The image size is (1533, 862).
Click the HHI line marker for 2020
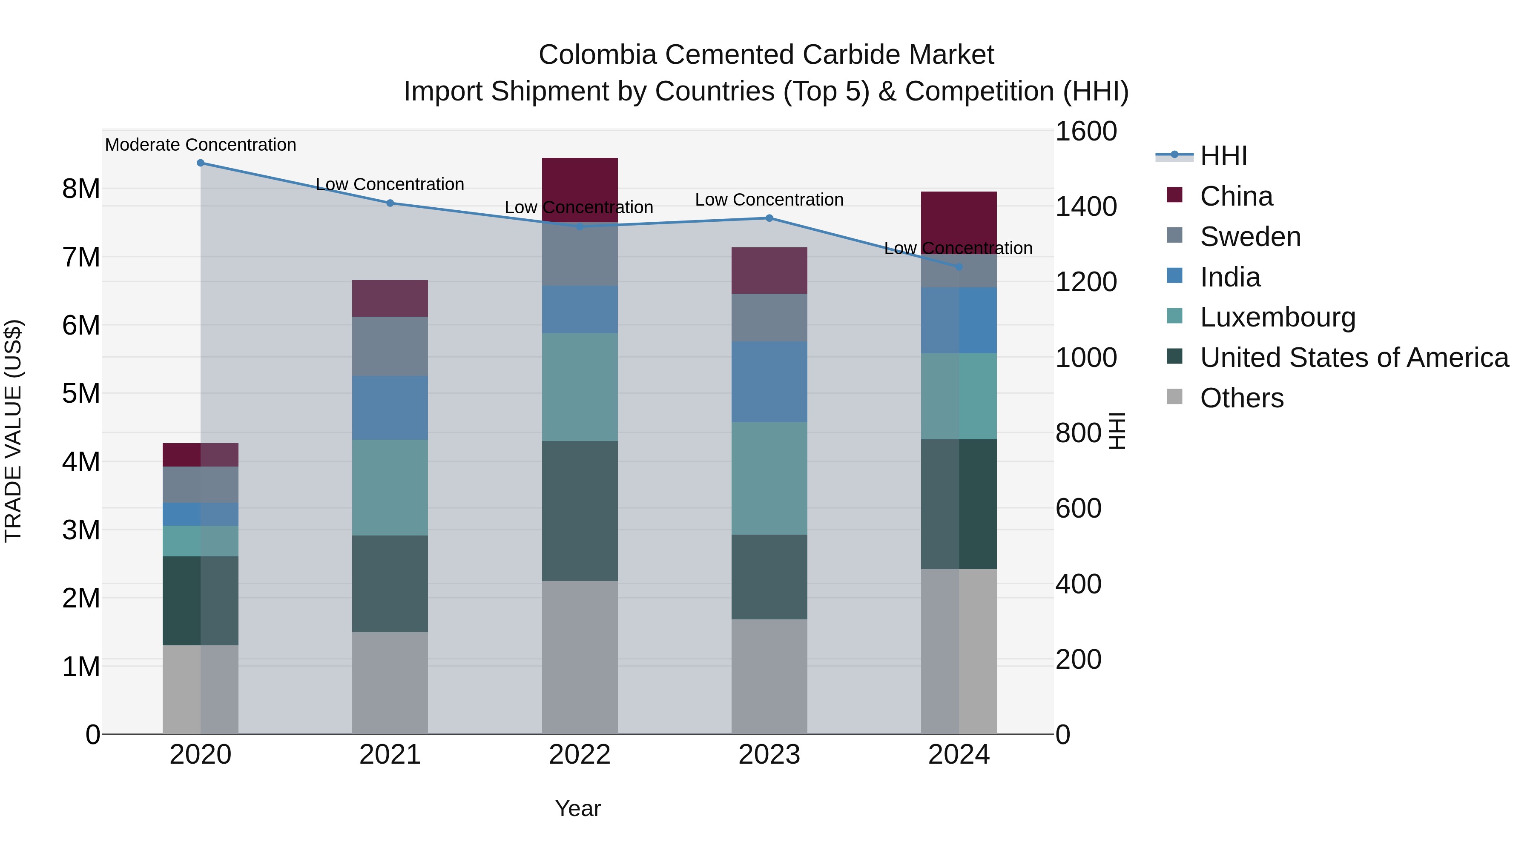201,163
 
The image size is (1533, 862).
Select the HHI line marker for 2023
769,218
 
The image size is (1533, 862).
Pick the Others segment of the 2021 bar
390,682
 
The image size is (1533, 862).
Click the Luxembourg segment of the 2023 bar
769,478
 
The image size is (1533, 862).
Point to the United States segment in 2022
580,510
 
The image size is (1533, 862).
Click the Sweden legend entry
1250,237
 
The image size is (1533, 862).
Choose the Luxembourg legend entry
1277,317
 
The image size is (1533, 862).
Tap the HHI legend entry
1223,156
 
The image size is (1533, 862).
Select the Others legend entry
1241,398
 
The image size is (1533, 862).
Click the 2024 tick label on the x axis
958,755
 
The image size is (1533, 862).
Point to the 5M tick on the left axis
81,393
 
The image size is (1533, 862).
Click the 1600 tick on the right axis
1085,132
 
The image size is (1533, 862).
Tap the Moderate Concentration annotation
201,145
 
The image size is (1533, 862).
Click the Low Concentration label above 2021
390,184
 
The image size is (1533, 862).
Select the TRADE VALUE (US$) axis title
13,431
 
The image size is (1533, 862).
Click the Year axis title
577,808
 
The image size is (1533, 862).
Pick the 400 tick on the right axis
1078,584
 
